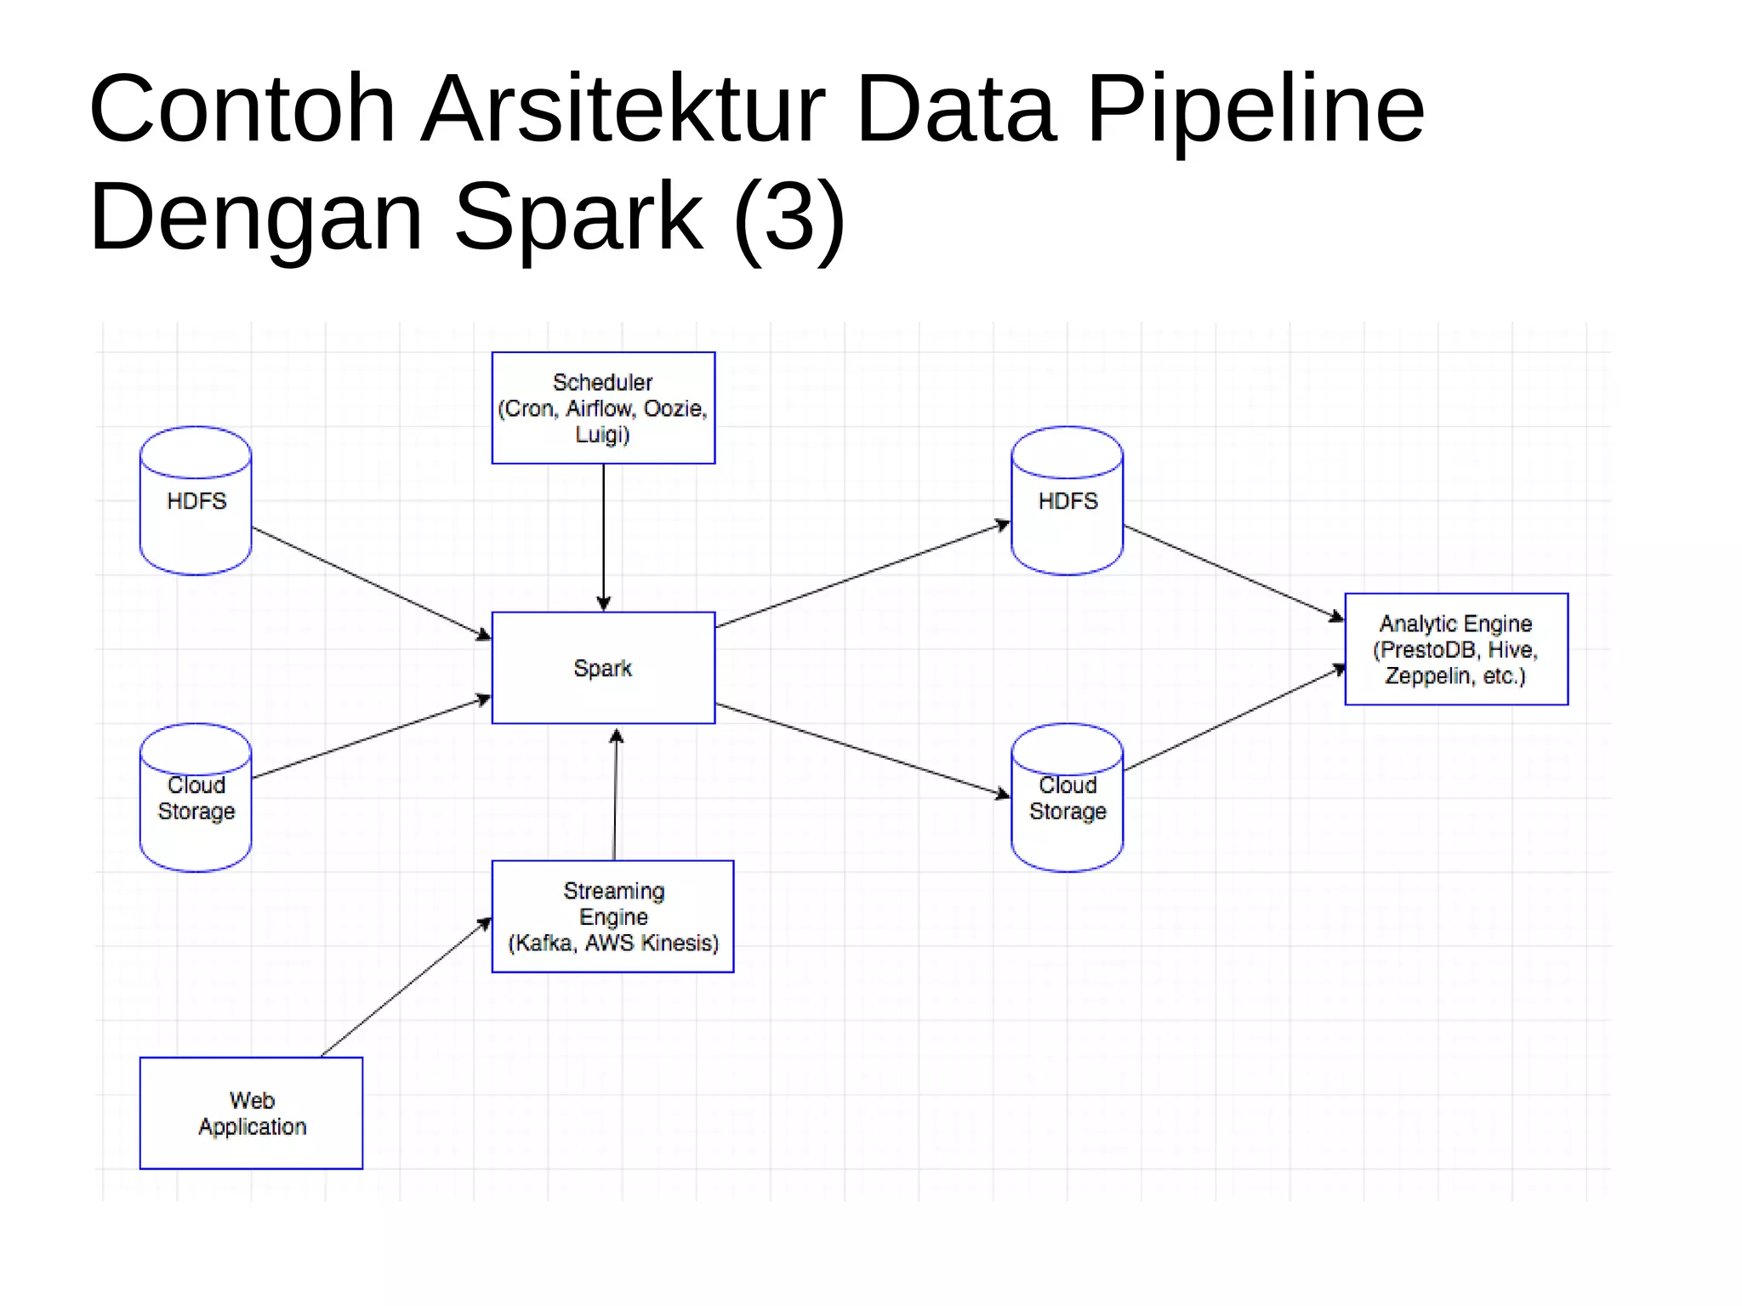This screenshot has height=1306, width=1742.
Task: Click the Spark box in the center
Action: (603, 668)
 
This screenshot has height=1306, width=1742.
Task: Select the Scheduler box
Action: (603, 408)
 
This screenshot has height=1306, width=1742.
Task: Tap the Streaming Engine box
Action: (612, 916)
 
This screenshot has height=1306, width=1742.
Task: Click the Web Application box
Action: (252, 1113)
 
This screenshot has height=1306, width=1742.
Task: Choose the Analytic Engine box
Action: (1455, 649)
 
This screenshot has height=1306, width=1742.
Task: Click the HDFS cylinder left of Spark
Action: (196, 501)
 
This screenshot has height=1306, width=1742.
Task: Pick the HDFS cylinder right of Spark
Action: (1067, 501)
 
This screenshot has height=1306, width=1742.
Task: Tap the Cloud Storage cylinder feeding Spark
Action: (196, 798)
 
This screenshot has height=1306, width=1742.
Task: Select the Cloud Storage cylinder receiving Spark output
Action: (1067, 798)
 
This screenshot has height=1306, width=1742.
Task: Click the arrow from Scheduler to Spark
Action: (604, 536)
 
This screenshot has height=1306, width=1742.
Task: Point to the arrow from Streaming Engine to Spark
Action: (615, 796)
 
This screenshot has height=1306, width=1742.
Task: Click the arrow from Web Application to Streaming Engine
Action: (406, 987)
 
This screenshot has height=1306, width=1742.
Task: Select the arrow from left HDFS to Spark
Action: (372, 584)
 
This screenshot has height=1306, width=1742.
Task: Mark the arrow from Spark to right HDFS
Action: (861, 575)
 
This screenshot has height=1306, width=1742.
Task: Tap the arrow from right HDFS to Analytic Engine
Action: (1233, 573)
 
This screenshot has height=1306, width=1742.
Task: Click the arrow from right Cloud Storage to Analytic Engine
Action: (1233, 719)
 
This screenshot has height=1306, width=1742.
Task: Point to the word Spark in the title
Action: (578, 217)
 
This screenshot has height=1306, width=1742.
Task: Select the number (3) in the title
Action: (788, 217)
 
